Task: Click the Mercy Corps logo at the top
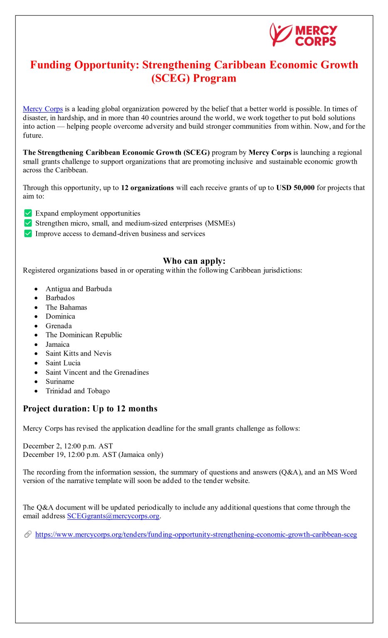point(303,35)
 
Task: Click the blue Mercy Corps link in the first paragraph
point(43,109)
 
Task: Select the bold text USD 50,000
point(295,188)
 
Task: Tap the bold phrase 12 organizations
point(147,188)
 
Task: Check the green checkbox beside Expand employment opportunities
point(28,213)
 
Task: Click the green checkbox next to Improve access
point(28,233)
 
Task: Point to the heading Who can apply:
point(194,261)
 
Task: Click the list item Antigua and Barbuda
point(79,289)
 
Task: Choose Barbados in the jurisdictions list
point(60,298)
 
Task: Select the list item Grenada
point(59,326)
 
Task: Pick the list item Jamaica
point(57,344)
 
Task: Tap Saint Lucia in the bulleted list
point(63,363)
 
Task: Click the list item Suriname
point(60,381)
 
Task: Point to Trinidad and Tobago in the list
point(78,391)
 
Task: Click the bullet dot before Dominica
point(37,317)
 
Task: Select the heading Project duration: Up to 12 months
point(90,409)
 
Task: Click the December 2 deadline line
point(68,446)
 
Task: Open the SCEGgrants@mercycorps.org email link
point(113,516)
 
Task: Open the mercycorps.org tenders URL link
point(196,535)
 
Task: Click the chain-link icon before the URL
point(28,535)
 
